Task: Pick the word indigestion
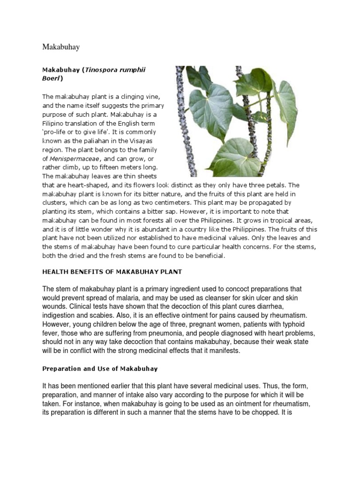click(60, 315)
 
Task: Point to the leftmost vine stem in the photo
click(180, 117)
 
